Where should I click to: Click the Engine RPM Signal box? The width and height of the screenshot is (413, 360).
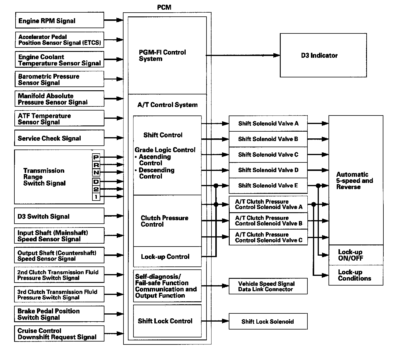pos(59,20)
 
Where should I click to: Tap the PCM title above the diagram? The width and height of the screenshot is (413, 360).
pos(164,7)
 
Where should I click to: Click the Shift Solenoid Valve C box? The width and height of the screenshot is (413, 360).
pos(268,154)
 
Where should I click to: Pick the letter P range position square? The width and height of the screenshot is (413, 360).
pos(96,157)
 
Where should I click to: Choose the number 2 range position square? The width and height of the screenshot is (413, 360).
pos(96,189)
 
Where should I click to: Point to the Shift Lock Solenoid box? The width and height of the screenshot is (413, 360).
pos(268,321)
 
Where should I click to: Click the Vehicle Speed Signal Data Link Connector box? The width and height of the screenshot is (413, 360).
pos(268,286)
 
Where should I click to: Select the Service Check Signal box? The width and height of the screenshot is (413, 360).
pos(59,138)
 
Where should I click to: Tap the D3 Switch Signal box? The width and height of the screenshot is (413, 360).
pos(59,216)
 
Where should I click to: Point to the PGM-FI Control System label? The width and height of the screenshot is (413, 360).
pos(162,55)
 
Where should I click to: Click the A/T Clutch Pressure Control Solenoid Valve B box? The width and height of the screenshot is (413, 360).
pos(268,220)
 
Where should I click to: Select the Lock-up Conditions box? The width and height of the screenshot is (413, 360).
pos(356,275)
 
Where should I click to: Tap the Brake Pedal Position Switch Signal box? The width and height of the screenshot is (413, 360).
pos(59,314)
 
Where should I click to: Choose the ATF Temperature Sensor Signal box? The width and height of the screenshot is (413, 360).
pos(59,118)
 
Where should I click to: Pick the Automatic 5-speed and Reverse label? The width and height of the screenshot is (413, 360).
pos(354,181)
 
